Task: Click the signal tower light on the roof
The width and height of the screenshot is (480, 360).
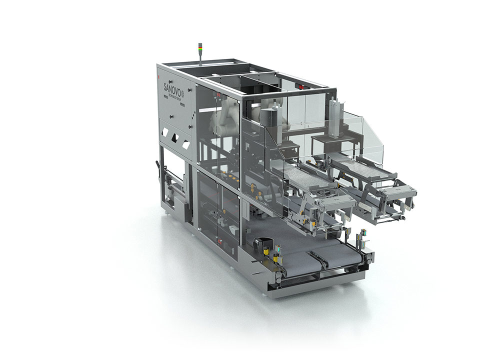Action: click(x=201, y=50)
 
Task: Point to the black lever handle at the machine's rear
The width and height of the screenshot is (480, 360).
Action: click(x=159, y=165)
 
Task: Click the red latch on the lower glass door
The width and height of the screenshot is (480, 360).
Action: click(x=219, y=241)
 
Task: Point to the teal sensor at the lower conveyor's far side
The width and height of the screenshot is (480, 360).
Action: click(x=363, y=233)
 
